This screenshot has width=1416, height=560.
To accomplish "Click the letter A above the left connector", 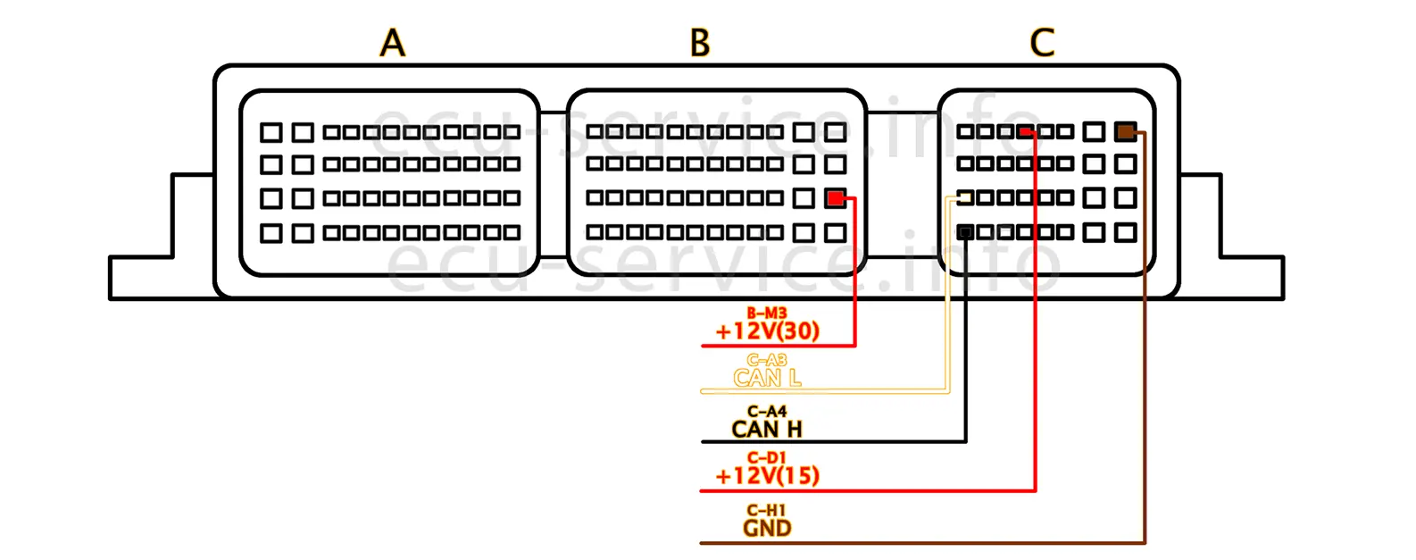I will click(x=393, y=43).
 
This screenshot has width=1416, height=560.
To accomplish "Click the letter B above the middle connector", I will click(x=700, y=43).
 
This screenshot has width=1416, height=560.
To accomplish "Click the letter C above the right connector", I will click(x=1042, y=43).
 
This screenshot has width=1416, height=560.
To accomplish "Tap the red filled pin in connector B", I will click(x=835, y=198).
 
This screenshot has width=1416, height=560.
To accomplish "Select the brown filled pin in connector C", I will click(x=1125, y=132).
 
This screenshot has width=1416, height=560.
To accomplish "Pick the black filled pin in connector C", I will click(x=965, y=232).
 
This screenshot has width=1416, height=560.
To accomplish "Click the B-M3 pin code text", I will click(x=767, y=313).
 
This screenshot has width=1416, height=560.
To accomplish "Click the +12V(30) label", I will click(x=767, y=331).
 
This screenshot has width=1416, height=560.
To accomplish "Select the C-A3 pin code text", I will click(x=767, y=361).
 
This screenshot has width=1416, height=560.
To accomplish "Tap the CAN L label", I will click(x=767, y=379).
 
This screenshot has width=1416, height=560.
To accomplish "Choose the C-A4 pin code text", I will click(x=767, y=412).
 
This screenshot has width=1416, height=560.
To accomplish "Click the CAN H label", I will click(x=767, y=430).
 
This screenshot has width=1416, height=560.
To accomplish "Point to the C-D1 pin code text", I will click(x=767, y=458).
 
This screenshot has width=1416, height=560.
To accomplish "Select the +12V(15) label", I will click(x=767, y=476).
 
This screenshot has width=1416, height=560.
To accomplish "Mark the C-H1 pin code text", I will click(x=767, y=511).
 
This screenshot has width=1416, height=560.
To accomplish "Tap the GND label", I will click(x=767, y=528).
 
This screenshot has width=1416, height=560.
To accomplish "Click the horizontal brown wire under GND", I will click(x=893, y=542).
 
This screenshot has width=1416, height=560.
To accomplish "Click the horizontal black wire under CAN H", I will click(x=848, y=441).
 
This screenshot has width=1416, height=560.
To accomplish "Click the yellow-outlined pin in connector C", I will click(x=965, y=197).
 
